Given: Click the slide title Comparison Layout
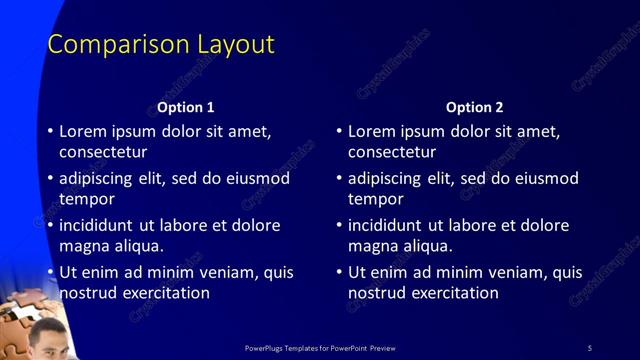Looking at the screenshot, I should [161, 45].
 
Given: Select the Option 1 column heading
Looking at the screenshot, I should [186, 107].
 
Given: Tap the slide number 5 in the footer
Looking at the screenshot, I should [589, 347].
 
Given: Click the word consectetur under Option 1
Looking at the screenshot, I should [104, 153].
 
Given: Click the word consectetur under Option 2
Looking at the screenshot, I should [392, 153].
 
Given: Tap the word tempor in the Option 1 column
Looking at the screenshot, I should [87, 199].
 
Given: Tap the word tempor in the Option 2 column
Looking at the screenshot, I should [375, 199].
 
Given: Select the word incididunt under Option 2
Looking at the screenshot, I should [387, 225].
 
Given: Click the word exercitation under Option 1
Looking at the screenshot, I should [163, 293].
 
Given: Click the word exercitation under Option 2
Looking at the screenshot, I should [451, 293].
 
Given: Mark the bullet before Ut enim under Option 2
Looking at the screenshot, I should [338, 272].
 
